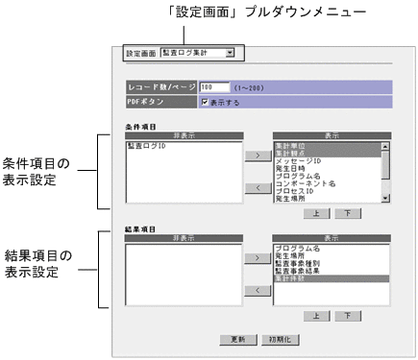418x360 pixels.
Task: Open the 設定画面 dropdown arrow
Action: [x=230, y=53]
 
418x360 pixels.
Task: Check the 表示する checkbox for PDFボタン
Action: [x=205, y=100]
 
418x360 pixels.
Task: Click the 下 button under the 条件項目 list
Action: [x=346, y=211]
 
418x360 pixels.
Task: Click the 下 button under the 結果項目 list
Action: [x=346, y=314]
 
